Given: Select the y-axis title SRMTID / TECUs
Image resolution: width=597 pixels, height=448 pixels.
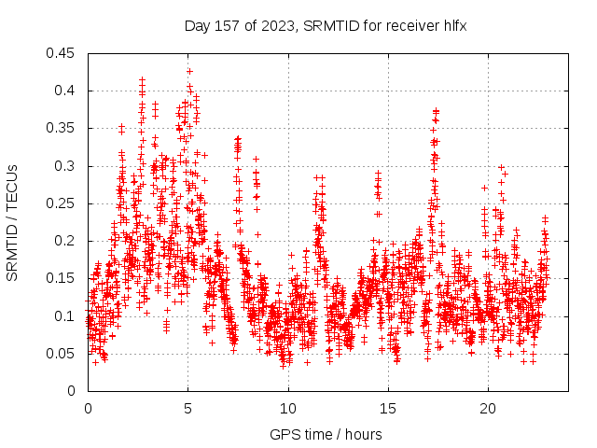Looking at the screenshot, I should (x=12, y=223).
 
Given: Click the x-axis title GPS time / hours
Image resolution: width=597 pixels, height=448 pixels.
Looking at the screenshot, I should (x=325, y=434).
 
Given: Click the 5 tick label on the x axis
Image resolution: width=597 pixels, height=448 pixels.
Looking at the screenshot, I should (x=187, y=409).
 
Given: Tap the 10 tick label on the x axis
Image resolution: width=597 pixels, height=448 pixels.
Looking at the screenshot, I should (x=288, y=409).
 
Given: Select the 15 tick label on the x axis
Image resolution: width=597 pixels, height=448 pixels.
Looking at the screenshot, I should (x=388, y=409).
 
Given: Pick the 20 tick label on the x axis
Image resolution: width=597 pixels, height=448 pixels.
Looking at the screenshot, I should (x=488, y=409).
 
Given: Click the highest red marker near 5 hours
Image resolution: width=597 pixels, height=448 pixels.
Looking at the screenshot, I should (x=189, y=71).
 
